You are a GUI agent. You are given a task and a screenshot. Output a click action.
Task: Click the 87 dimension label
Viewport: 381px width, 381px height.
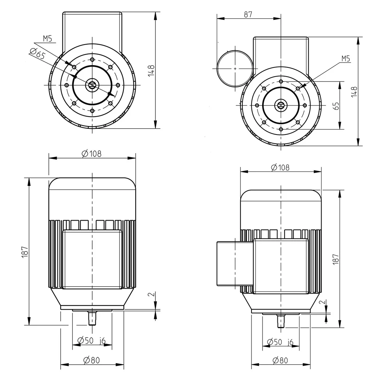tap(248, 14)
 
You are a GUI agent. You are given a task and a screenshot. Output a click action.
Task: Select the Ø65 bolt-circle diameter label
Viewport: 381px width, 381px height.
tap(37, 53)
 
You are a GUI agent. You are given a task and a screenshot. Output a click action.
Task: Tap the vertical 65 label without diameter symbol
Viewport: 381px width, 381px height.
tap(336, 106)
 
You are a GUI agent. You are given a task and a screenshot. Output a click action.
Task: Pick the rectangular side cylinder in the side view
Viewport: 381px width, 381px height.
tap(235, 263)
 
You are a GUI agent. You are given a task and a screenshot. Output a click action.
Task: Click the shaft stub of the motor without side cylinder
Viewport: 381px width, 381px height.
tap(92, 318)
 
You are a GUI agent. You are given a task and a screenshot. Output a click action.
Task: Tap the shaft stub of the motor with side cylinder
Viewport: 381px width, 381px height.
tap(281, 321)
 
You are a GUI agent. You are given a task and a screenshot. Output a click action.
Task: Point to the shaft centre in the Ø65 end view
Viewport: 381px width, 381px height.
tap(92, 85)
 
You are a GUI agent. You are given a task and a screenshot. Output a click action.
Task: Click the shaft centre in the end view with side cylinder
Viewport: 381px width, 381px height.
tap(281, 105)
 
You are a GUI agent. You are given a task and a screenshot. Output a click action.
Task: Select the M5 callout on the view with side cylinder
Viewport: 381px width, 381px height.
tap(346, 59)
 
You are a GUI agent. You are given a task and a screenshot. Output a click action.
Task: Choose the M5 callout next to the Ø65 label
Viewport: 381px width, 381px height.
tap(47, 38)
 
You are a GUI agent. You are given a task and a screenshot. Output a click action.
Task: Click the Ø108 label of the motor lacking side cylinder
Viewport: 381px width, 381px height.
tap(91, 154)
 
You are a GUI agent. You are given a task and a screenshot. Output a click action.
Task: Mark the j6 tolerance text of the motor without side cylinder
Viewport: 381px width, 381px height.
tap(102, 341)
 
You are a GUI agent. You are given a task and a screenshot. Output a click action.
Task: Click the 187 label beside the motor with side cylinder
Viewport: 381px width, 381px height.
tap(336, 259)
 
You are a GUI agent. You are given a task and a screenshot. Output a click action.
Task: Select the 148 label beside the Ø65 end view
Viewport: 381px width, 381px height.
tap(151, 70)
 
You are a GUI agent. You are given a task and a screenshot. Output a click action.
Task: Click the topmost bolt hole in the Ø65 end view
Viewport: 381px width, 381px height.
tap(92, 59)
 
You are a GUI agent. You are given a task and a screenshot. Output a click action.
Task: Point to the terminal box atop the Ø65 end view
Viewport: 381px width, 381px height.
tap(92, 32)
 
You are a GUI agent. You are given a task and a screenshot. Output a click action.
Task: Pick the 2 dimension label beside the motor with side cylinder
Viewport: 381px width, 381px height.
tap(322, 302)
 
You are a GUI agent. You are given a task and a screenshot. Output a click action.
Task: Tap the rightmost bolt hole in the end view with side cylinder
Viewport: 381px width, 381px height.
tap(305, 105)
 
